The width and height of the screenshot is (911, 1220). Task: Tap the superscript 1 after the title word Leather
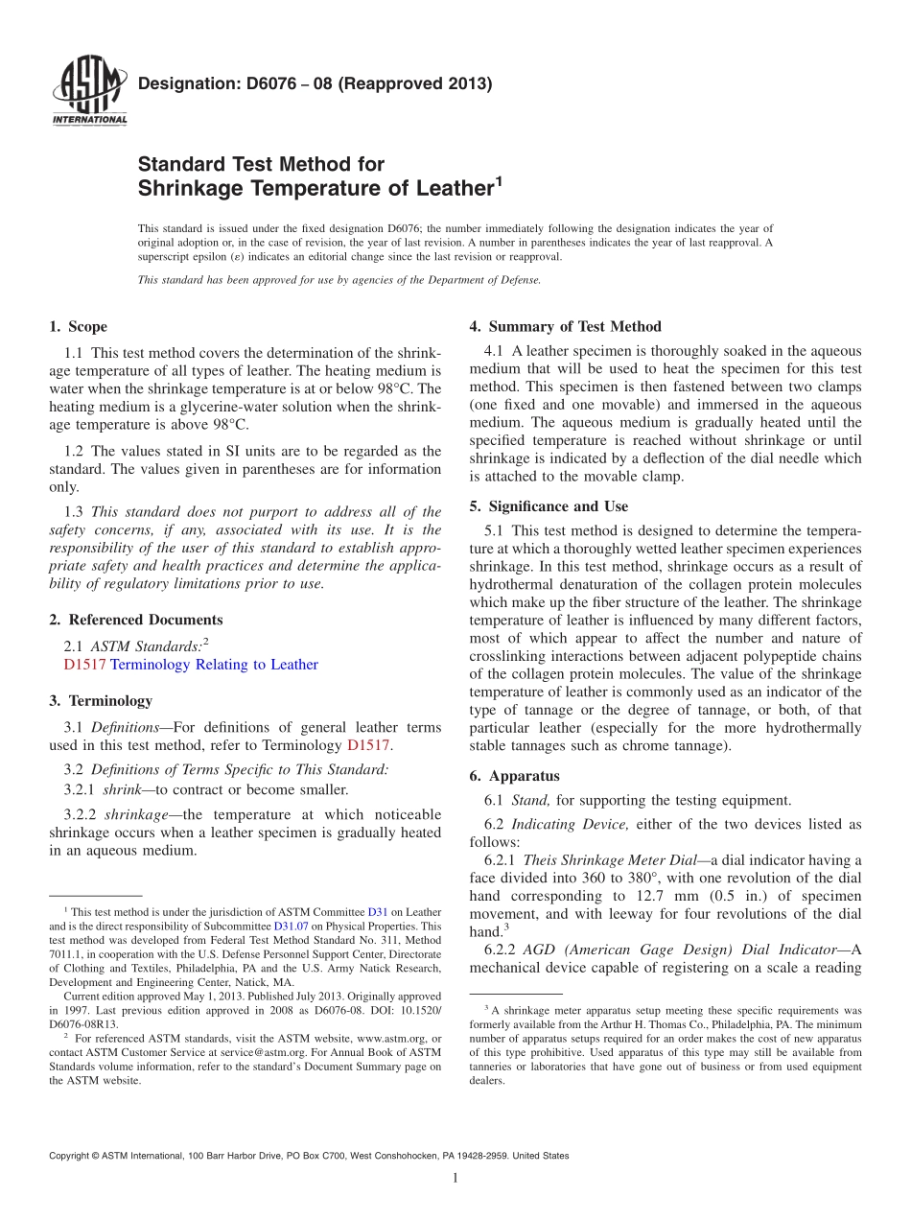coord(499,179)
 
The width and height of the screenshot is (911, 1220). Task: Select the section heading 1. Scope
coord(79,327)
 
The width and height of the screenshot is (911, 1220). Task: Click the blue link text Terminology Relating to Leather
coord(215,665)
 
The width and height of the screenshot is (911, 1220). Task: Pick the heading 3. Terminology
coord(101,701)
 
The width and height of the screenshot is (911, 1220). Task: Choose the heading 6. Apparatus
coord(515,776)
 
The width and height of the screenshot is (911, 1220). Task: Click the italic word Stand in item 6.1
coord(530,800)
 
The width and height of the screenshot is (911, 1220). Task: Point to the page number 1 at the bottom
coord(455,1179)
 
